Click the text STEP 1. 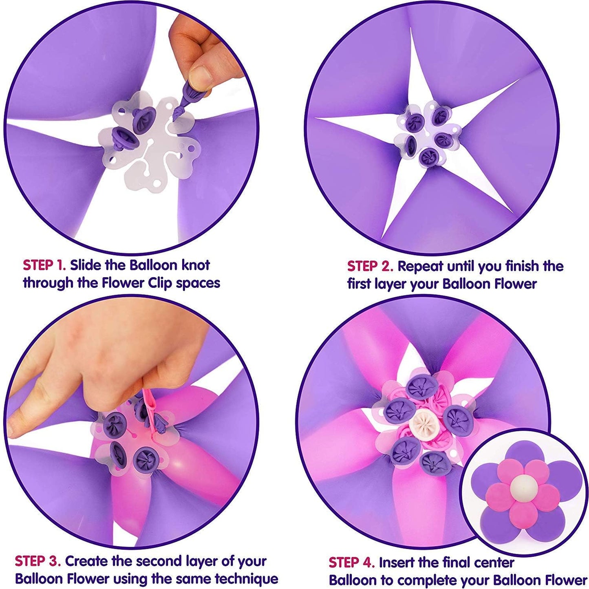tap(44, 265)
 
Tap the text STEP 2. tap(370, 267)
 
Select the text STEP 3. tap(38, 561)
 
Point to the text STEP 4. tap(351, 563)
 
